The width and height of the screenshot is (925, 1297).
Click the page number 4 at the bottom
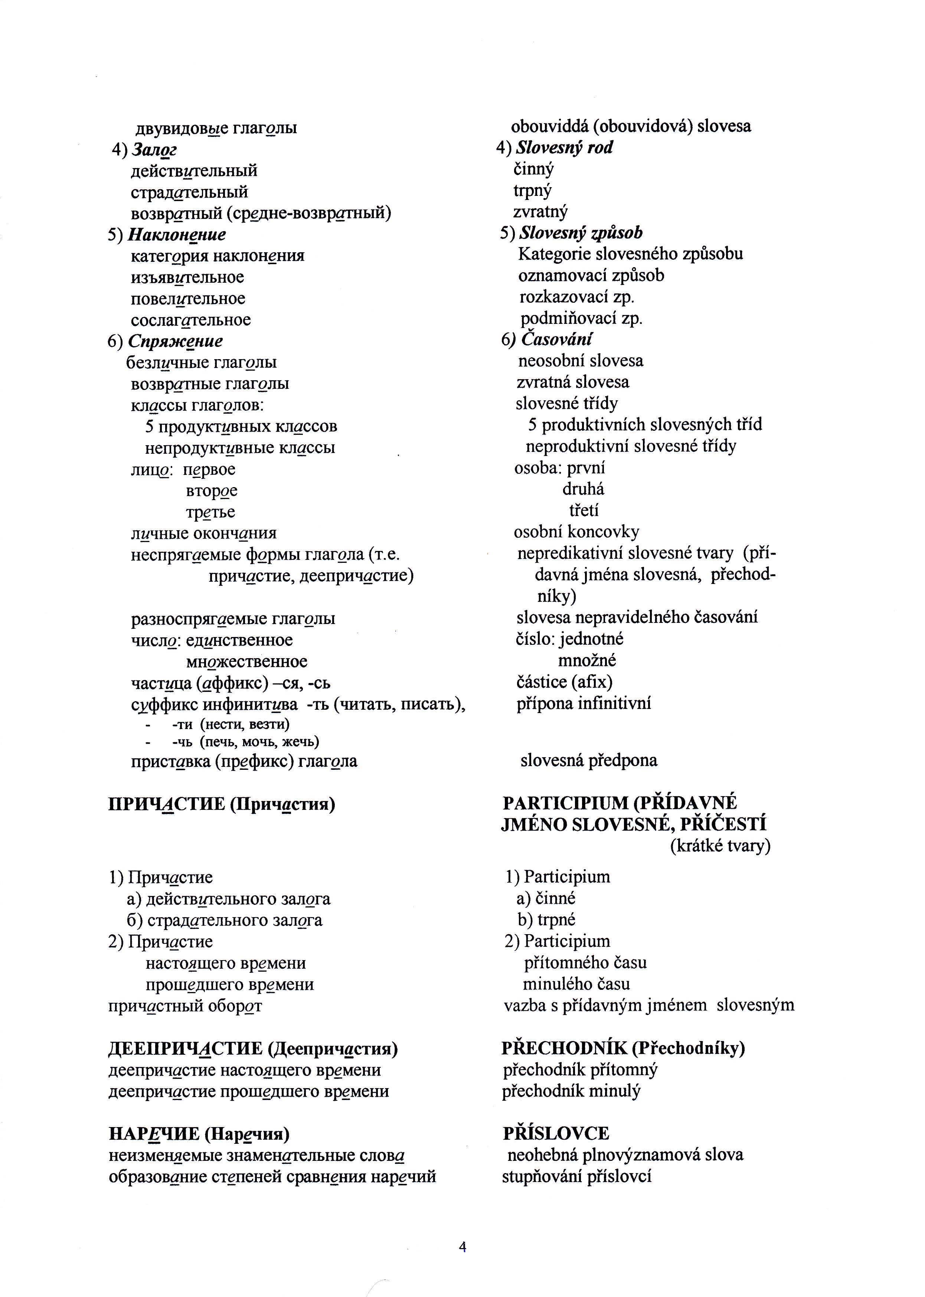[x=462, y=1247]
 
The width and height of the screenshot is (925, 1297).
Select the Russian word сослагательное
[x=191, y=320]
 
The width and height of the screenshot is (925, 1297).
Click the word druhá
[x=583, y=489]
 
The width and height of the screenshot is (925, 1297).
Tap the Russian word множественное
[x=246, y=661]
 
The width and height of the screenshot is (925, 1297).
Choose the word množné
[x=587, y=660]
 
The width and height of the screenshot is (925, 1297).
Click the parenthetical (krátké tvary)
[x=720, y=846]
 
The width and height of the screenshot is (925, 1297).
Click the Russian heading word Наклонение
[x=177, y=234]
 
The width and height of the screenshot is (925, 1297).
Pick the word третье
[x=210, y=512]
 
